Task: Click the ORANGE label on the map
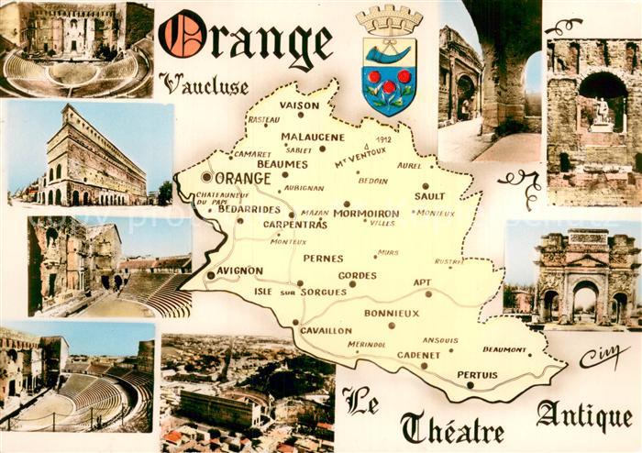tap(243, 179)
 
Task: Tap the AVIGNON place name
tap(240, 271)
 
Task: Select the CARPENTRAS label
tap(295, 224)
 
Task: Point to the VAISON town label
tap(299, 105)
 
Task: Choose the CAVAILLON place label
tap(326, 330)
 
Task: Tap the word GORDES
tap(357, 275)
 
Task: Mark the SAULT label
tap(429, 195)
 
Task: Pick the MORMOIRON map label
tap(366, 213)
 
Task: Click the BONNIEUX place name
tap(392, 313)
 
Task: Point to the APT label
tap(422, 282)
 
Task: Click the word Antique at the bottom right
tap(584, 416)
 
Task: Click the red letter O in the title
tap(181, 37)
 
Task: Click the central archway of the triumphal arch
tap(585, 300)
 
